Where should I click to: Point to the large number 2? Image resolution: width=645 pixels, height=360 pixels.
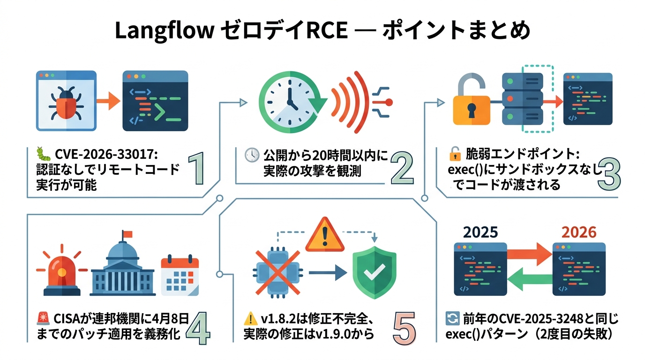(403, 171)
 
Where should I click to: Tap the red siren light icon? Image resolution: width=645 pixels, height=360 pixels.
(61, 272)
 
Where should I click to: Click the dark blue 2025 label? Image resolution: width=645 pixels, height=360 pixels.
(480, 232)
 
